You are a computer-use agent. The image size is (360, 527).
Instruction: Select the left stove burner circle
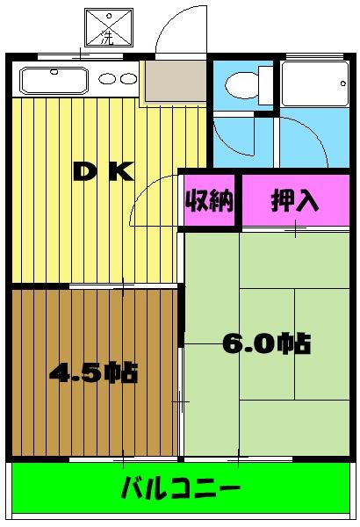click(x=107, y=79)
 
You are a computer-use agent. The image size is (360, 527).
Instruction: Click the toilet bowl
click(x=243, y=85)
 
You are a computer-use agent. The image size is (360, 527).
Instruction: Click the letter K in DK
click(x=120, y=171)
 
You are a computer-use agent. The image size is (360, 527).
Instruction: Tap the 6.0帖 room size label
click(x=267, y=343)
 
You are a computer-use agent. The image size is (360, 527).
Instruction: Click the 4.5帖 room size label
click(x=91, y=372)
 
